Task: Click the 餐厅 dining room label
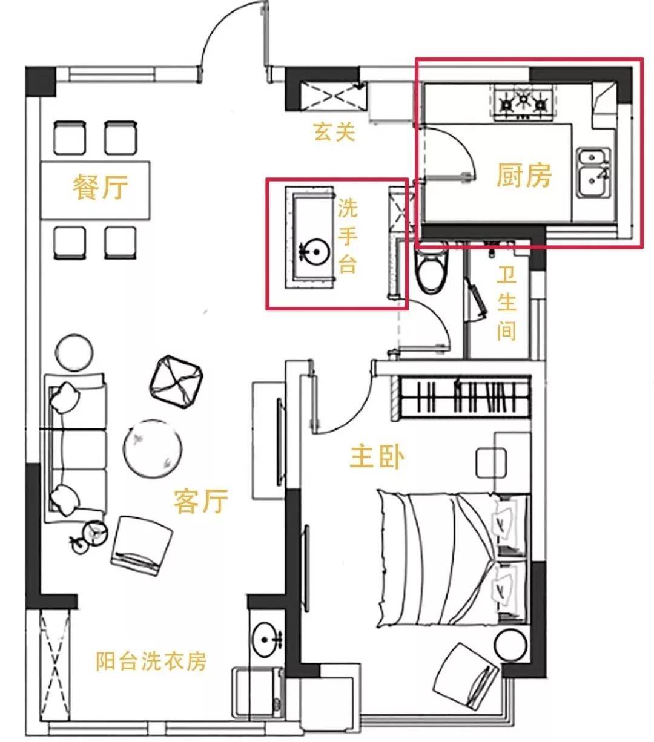(x=101, y=187)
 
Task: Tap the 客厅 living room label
(x=201, y=501)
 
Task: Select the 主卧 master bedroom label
(x=377, y=457)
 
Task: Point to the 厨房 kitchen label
(x=524, y=175)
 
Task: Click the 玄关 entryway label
(x=334, y=131)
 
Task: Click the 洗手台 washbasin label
(x=347, y=236)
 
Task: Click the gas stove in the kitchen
(x=523, y=103)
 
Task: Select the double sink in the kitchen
(x=594, y=172)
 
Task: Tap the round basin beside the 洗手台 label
(x=314, y=252)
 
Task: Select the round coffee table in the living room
(x=153, y=448)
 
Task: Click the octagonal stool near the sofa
(x=176, y=382)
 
